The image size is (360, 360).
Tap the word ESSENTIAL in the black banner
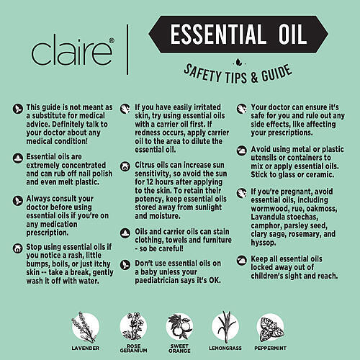217,34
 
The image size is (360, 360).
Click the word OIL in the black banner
292,34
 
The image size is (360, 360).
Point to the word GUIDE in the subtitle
276,73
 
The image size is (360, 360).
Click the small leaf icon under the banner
238,63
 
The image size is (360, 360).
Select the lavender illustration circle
86,327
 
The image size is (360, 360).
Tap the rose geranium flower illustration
133,326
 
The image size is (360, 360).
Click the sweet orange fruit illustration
179,327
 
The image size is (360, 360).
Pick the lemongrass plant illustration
225,327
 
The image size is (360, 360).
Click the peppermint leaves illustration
271,328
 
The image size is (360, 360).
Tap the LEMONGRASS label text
225,348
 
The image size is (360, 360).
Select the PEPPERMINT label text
271,348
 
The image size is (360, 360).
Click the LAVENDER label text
86,348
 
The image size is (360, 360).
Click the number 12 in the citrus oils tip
150,182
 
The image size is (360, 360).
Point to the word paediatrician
161,280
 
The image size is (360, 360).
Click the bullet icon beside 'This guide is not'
18,109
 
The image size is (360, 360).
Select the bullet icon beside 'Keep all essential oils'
242,260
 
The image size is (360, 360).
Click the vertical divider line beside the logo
127,50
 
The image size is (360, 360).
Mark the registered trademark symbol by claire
112,40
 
